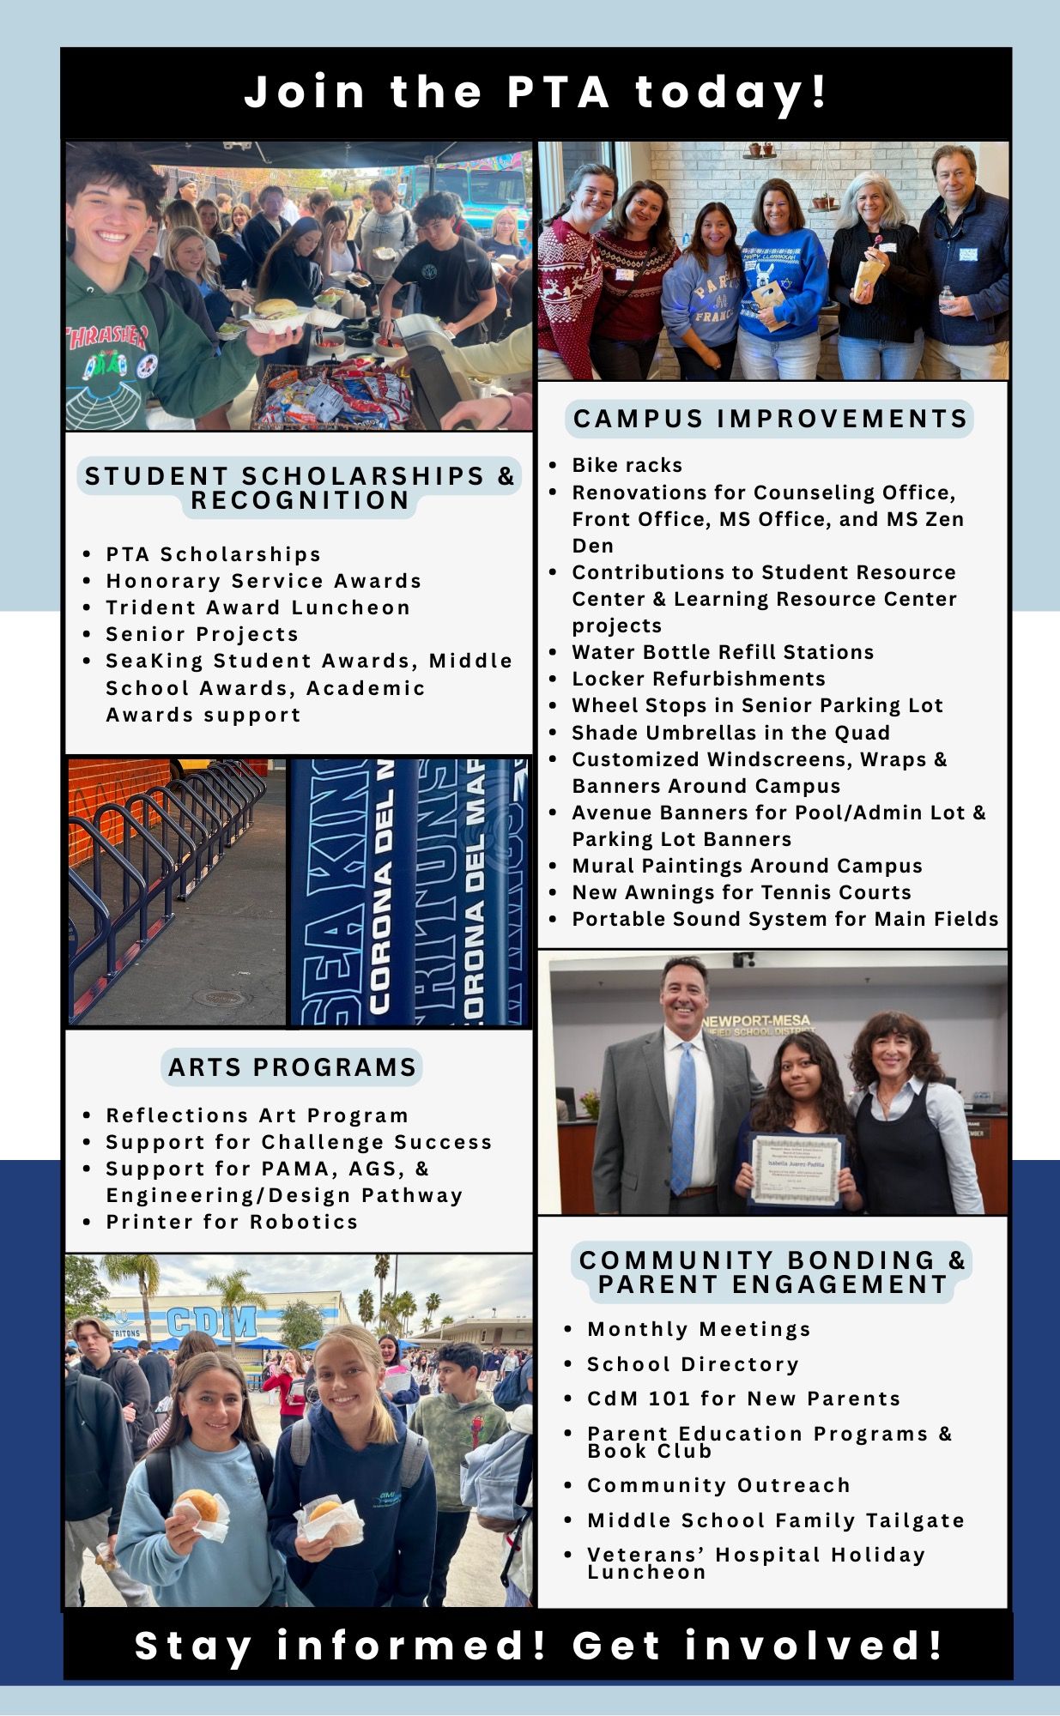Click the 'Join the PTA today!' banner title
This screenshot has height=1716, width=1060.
[536, 92]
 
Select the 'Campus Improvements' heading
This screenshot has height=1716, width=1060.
[770, 419]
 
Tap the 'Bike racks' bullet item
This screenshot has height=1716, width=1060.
[627, 465]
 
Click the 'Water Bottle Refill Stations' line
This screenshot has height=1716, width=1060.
[723, 652]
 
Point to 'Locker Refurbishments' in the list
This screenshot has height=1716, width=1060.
[699, 679]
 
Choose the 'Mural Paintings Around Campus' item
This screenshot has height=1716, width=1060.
[747, 866]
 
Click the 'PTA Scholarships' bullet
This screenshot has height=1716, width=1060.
[213, 554]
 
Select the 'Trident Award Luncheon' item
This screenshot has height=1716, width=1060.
[257, 607]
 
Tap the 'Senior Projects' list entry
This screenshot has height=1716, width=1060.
[202, 634]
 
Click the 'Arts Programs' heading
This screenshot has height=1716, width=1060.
[292, 1067]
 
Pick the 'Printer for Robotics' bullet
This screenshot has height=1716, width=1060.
[232, 1222]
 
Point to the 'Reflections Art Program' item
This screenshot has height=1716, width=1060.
[257, 1115]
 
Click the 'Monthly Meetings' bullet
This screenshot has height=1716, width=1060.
[699, 1329]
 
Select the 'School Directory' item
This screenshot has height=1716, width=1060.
[693, 1364]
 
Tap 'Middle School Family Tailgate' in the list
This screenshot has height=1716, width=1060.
[775, 1520]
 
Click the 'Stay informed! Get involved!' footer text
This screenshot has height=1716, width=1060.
[539, 1646]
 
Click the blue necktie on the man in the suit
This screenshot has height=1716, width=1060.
[684, 1115]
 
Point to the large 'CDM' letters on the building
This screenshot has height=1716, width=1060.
[212, 1322]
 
